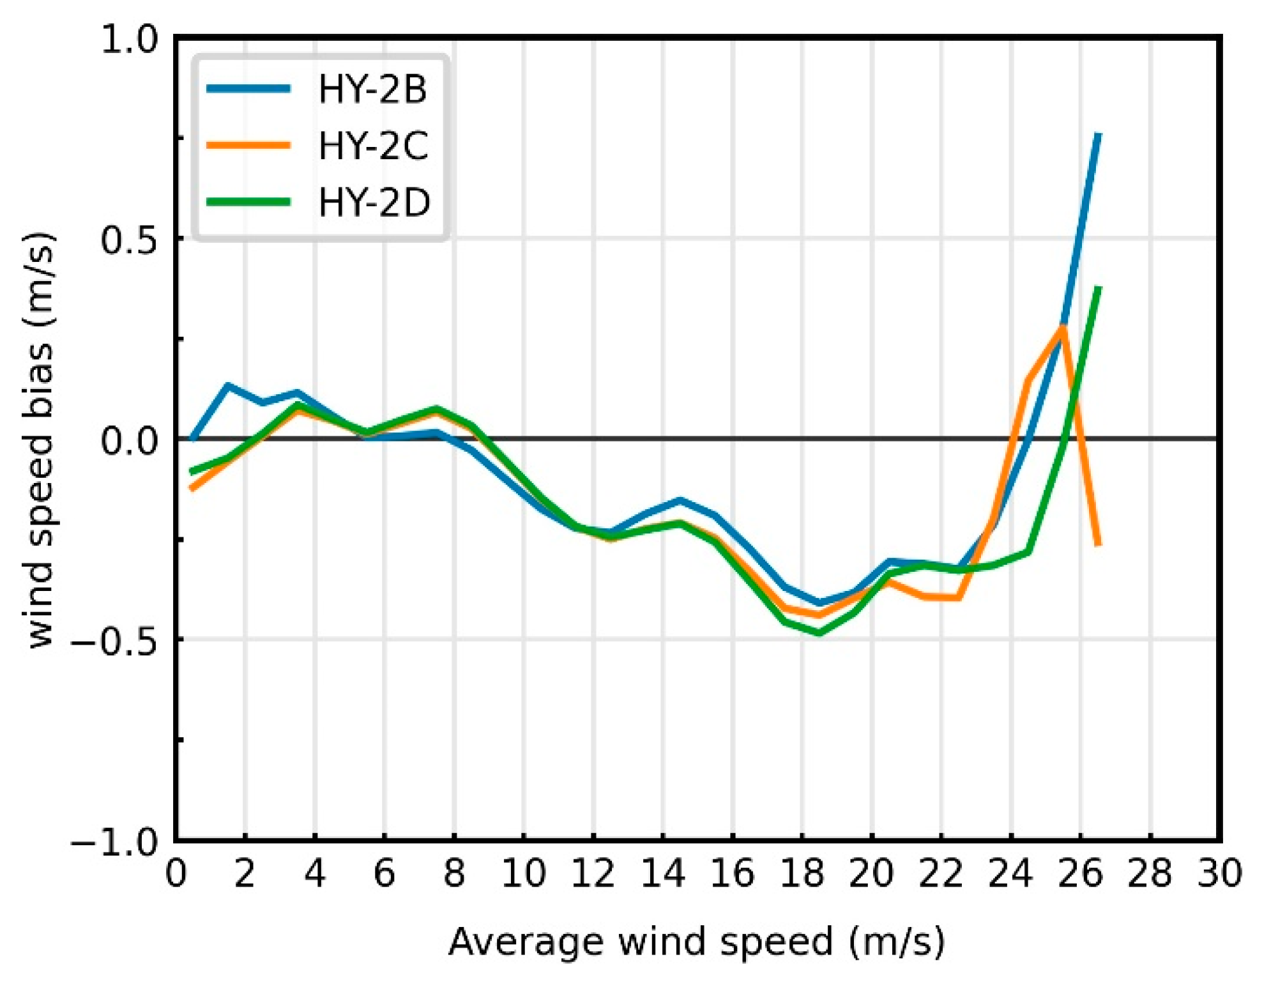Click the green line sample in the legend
(249, 202)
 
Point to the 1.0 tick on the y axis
(129, 40)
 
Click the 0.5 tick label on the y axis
(129, 240)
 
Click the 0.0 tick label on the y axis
(129, 441)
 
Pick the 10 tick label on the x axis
(523, 873)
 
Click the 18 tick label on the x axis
(802, 873)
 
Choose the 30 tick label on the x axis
(1219, 873)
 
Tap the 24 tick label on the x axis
(1010, 873)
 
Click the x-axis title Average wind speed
(696, 941)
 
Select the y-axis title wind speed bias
(40, 441)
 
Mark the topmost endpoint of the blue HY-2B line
(1098, 134)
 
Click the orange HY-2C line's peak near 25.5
(1063, 326)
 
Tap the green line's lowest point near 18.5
(819, 632)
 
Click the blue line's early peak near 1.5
(228, 385)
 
